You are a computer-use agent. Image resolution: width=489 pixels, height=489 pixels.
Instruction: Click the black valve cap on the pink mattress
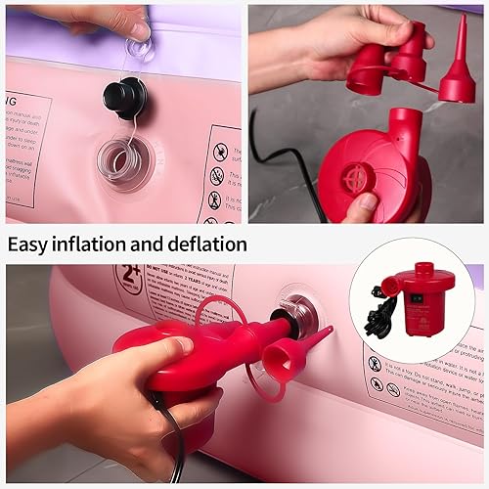pyautogui.click(x=125, y=96)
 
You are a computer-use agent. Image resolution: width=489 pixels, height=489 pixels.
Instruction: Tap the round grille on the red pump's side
pyautogui.click(x=359, y=178)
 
